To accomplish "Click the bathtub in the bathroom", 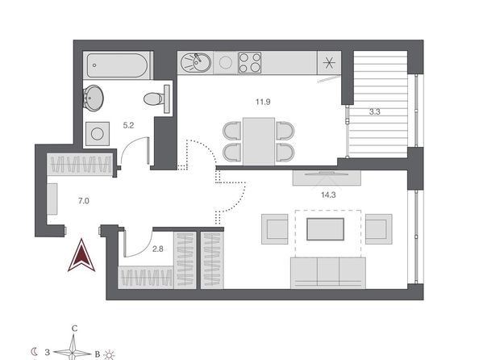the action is point(118,65).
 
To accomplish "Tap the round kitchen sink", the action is point(195,63).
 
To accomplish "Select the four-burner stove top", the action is point(250,62).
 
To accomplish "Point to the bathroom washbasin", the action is point(93,98).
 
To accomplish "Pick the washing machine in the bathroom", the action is point(97,134).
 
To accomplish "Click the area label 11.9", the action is point(263,102).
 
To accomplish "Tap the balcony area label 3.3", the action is point(374,112).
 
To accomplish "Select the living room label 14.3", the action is point(328,195).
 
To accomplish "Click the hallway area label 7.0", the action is point(83,201).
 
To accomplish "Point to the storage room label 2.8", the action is point(157,249).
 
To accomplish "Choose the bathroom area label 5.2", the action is point(128,125).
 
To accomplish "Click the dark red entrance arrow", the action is point(81,255).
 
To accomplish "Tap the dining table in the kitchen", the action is point(259,141).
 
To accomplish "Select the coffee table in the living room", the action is point(325,229).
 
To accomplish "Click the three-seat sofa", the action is point(327,273).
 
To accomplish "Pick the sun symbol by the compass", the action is point(109,355).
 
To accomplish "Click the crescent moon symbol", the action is point(35,352).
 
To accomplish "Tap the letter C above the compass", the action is point(74,329).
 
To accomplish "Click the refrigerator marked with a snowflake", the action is point(329,63).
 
